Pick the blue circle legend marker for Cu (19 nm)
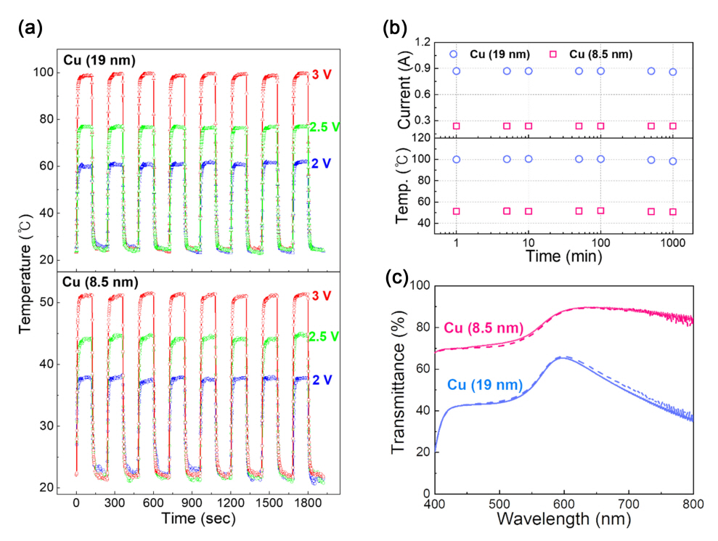coord(454,54)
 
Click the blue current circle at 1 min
coord(456,71)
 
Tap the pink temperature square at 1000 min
coord(673,212)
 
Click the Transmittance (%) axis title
coord(398,388)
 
